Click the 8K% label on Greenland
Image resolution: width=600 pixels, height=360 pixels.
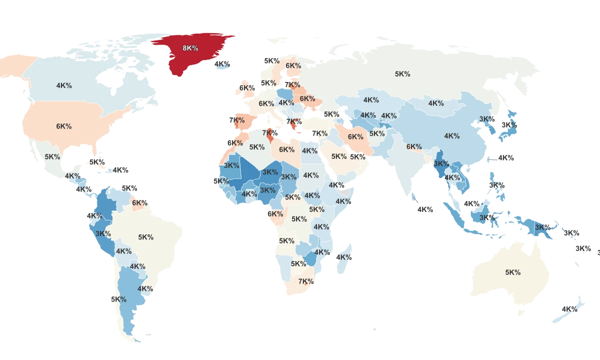click(x=190, y=48)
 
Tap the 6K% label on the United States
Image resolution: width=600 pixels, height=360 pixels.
click(x=63, y=126)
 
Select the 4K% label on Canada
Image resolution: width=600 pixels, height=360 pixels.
click(x=64, y=85)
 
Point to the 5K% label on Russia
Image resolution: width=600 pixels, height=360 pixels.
click(x=402, y=74)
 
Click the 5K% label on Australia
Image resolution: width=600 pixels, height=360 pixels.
click(x=512, y=272)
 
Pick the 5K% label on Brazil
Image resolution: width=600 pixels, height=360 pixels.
click(x=146, y=237)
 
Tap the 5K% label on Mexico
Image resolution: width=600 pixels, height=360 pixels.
click(x=52, y=156)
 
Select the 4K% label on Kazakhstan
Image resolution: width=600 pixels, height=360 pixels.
click(x=371, y=100)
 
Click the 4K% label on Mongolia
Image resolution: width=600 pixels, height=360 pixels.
click(x=435, y=103)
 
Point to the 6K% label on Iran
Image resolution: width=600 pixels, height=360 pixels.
click(x=355, y=136)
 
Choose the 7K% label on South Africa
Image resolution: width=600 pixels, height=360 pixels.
click(x=305, y=281)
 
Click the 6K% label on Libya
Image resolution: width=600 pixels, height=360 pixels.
click(x=286, y=149)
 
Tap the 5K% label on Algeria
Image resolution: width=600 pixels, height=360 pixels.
click(x=257, y=147)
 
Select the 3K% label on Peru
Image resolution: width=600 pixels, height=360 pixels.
click(x=103, y=233)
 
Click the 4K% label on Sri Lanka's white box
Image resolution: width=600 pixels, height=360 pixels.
click(x=425, y=210)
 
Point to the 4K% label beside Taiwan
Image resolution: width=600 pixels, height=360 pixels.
click(x=505, y=158)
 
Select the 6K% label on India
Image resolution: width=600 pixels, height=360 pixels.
click(x=414, y=146)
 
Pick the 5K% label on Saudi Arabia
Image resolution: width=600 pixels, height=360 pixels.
click(x=338, y=156)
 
